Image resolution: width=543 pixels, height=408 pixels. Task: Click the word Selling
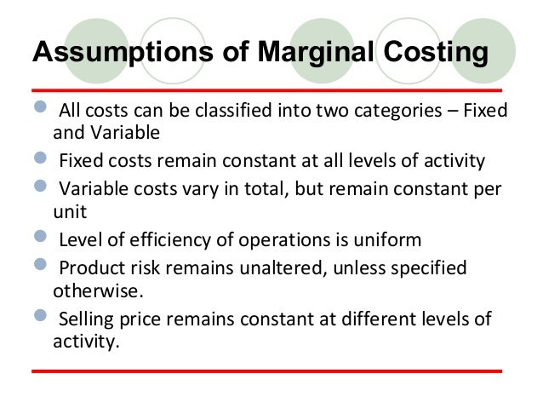click(x=87, y=320)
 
